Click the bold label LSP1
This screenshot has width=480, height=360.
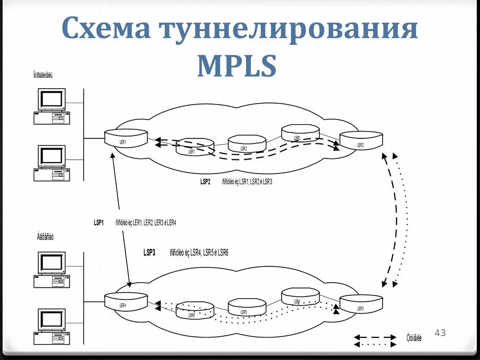click(98, 223)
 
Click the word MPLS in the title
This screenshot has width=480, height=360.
click(237, 66)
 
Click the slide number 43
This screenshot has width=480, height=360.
click(440, 333)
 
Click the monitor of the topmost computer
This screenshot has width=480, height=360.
click(52, 99)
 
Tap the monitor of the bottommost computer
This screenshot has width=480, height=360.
click(52, 320)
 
